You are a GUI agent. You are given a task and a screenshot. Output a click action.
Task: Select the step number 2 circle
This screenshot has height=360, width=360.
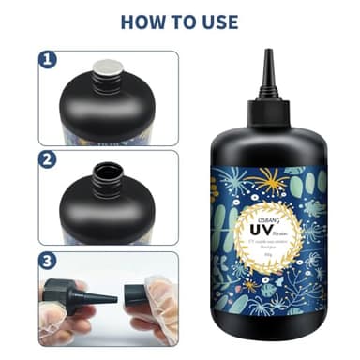(x=47, y=159)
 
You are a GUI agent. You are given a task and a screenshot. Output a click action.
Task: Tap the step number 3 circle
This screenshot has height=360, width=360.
(x=47, y=258)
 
